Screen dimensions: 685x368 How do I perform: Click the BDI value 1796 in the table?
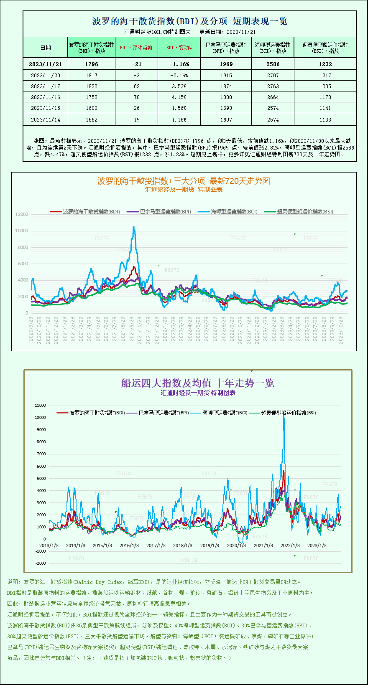(91, 64)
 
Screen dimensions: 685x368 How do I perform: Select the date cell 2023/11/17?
(45, 86)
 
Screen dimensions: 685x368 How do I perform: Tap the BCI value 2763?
(273, 86)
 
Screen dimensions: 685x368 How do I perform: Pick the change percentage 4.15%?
(179, 97)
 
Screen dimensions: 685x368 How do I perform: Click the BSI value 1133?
(325, 119)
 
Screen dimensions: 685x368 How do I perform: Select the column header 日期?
(45, 48)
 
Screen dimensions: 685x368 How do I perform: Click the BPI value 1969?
(226, 64)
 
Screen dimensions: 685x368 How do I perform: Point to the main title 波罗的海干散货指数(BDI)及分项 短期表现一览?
(189, 21)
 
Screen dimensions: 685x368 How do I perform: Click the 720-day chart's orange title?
(184, 181)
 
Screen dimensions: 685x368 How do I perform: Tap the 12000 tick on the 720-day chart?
(22, 214)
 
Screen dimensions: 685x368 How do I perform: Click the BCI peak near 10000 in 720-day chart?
(134, 227)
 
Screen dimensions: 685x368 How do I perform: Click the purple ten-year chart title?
(197, 383)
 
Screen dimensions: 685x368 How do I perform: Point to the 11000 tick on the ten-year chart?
(41, 405)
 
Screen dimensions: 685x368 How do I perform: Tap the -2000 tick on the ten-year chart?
(41, 563)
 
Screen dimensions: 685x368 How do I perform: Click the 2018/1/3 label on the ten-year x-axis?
(182, 545)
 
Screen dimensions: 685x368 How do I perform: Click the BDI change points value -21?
(136, 64)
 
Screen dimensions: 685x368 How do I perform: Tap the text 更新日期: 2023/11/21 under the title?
(227, 32)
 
